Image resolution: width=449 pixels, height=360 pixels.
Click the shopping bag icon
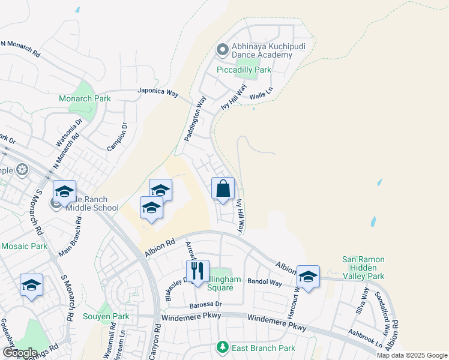[223, 189]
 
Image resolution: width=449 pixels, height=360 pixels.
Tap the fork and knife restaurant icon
[197, 271]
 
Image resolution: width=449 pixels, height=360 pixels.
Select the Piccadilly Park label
[244, 70]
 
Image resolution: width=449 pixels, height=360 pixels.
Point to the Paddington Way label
[196, 118]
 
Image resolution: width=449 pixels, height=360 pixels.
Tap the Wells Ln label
[261, 95]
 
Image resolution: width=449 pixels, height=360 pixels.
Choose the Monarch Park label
[85, 98]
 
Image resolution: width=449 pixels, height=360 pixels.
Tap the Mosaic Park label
[24, 246]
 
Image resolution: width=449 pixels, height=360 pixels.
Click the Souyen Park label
[106, 316]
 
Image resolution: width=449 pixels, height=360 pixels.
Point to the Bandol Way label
[265, 282]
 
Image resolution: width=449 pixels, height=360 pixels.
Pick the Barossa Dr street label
[206, 304]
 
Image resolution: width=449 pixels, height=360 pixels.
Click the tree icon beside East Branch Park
[223, 347]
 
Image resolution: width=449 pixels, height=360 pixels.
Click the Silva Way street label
[364, 301]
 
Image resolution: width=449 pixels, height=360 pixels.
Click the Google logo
[20, 353]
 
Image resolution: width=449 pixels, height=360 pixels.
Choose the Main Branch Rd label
[70, 238]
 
